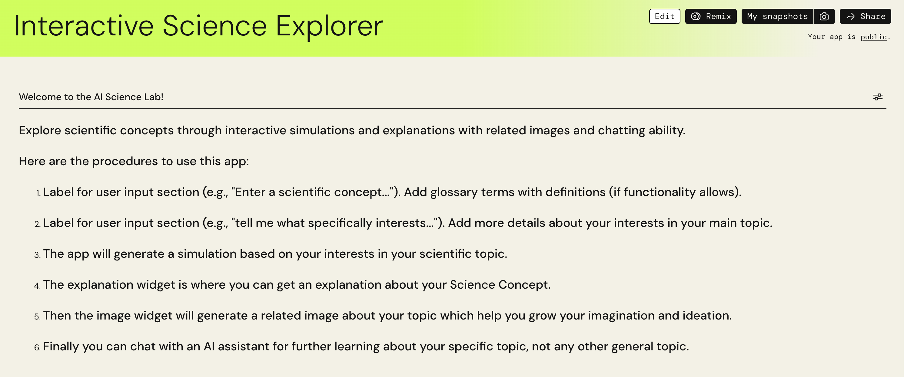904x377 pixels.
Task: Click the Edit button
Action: [x=664, y=16]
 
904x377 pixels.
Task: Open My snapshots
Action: [x=777, y=16]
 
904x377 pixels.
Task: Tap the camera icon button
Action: [x=824, y=16]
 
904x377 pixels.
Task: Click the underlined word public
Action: [x=873, y=37]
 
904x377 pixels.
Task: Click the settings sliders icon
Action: [x=878, y=97]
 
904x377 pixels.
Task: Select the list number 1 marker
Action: [x=38, y=193]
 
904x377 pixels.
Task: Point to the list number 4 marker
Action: [x=38, y=286]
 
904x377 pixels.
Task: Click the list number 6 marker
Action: [x=38, y=347]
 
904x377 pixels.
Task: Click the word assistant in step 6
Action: [x=244, y=346]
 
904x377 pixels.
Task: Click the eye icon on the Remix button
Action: [x=696, y=16]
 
